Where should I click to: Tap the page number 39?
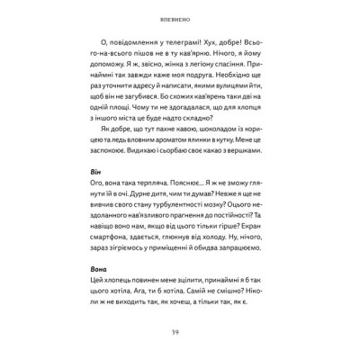[x=179, y=332]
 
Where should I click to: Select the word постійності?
[x=213, y=229]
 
